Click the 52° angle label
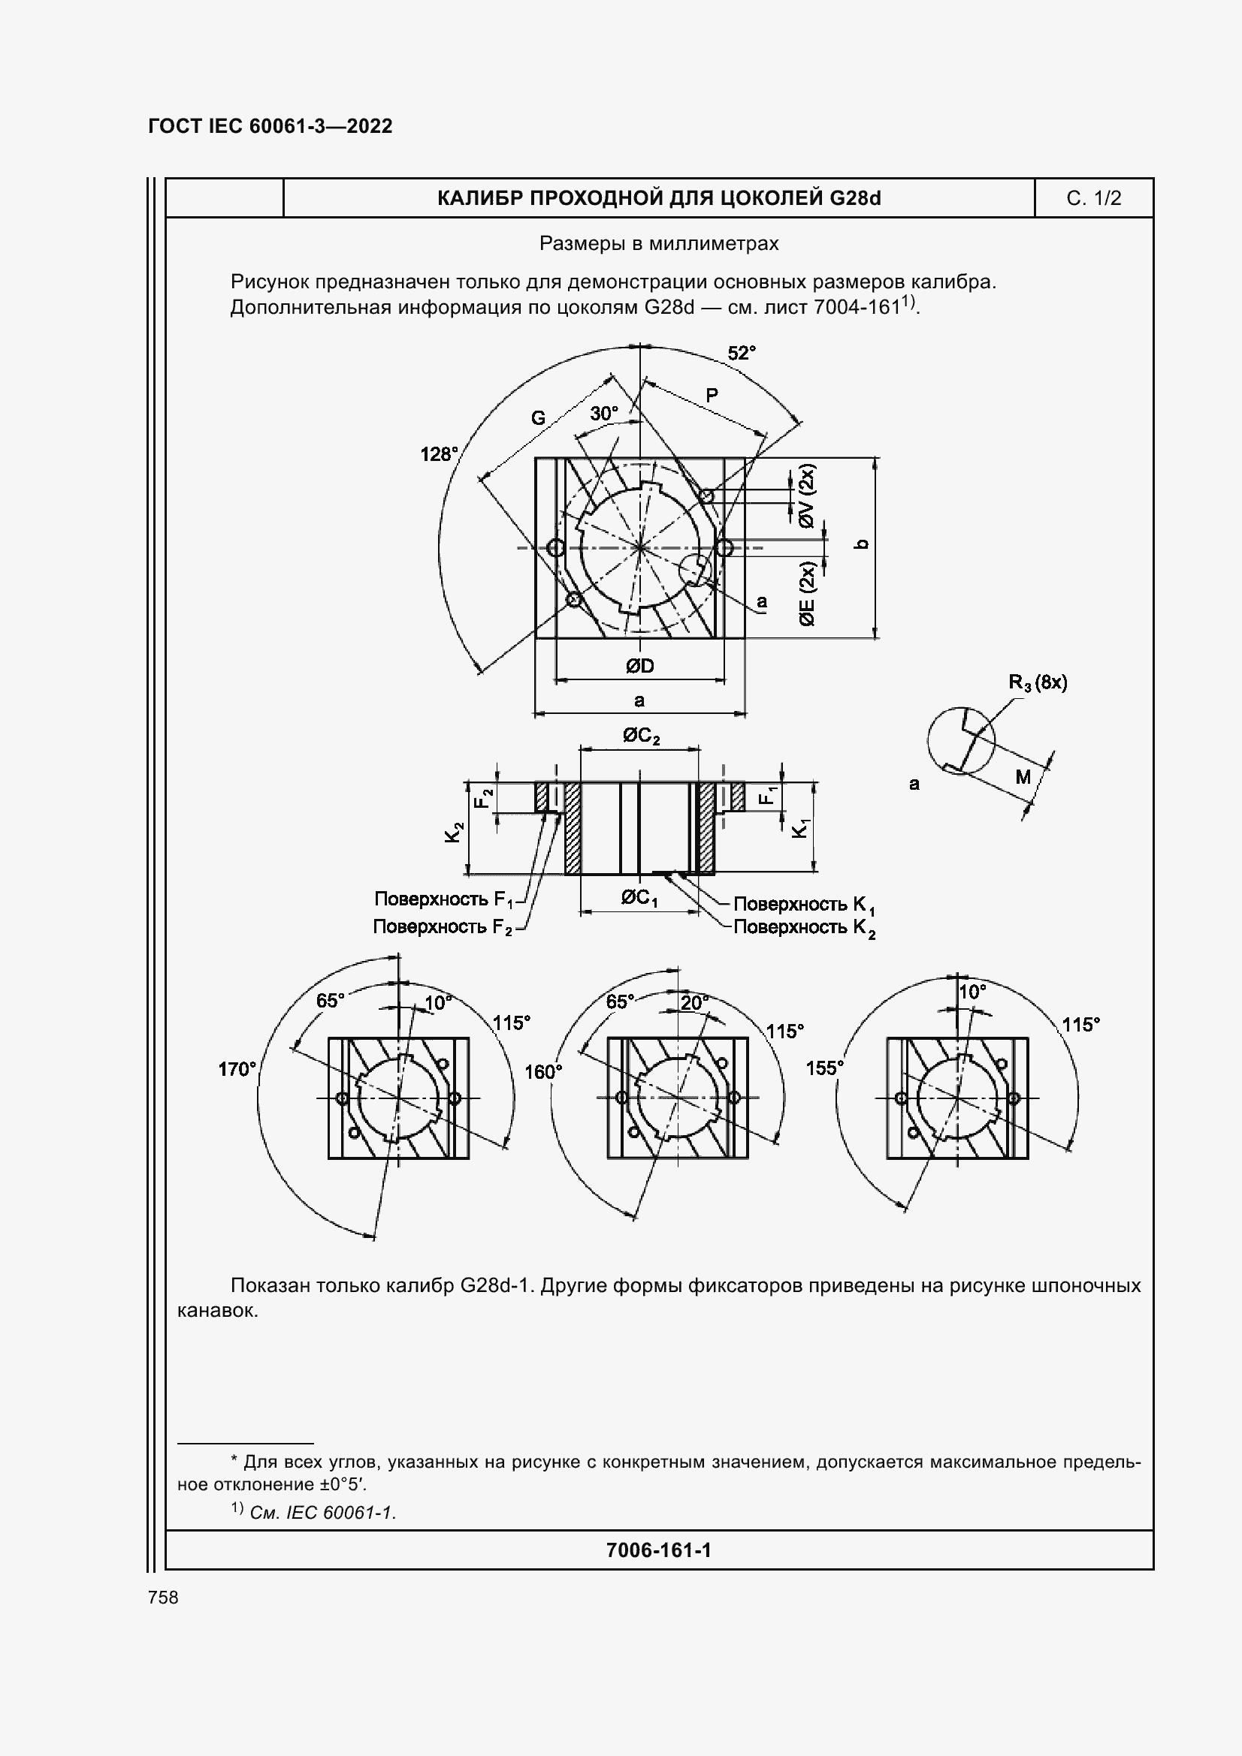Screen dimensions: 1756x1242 (741, 353)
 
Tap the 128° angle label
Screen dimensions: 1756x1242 (439, 454)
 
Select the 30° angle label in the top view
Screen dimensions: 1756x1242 (604, 414)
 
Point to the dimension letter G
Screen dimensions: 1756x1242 (539, 418)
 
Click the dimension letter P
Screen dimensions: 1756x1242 (712, 396)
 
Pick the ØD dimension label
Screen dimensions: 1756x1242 (639, 666)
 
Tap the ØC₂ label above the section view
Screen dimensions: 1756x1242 (640, 736)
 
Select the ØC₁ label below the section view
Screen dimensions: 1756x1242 (639, 898)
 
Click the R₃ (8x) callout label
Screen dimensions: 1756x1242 (1038, 682)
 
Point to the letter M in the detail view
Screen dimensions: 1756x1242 (1023, 777)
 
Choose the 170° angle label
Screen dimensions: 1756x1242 (237, 1069)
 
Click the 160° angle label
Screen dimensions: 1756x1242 (542, 1072)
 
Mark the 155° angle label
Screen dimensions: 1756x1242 (824, 1068)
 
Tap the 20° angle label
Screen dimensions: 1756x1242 (694, 1003)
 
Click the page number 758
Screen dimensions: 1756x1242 (163, 1597)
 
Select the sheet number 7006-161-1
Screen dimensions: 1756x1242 (658, 1550)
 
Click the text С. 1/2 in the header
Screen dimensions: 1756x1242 (1093, 199)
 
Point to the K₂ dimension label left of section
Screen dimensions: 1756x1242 (455, 832)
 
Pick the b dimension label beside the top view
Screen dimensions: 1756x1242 (862, 544)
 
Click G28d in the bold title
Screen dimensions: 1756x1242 (854, 199)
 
